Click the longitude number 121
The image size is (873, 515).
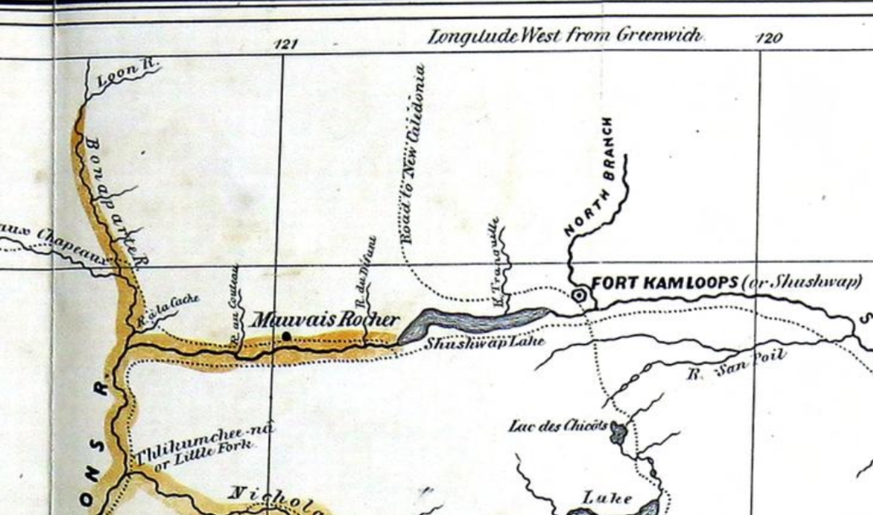286,44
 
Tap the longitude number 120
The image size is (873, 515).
769,38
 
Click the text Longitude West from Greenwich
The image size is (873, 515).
565,36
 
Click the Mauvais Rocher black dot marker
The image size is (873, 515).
286,337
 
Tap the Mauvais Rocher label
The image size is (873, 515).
324,320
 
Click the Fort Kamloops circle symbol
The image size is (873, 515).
579,296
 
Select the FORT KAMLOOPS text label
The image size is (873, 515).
665,283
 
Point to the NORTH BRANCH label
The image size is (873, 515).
592,177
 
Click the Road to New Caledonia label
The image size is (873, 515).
413,154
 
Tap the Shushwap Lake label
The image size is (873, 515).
484,343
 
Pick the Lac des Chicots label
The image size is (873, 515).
558,426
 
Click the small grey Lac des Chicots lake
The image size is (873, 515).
618,432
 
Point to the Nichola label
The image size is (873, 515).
276,499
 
